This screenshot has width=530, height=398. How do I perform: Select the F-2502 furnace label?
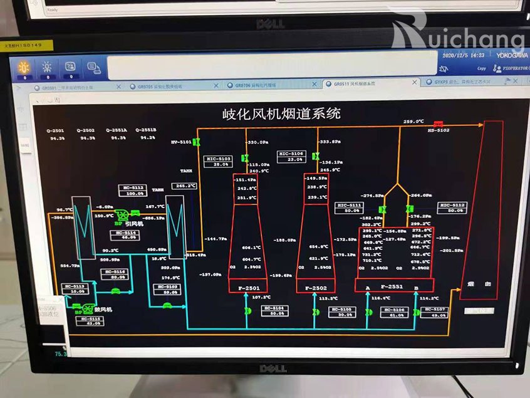point(317,288)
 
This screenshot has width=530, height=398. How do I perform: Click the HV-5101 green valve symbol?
point(197,142)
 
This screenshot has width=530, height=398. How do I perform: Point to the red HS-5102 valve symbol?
point(438,123)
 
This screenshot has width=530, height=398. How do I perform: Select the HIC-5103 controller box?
point(219,162)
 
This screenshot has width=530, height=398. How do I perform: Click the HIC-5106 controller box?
point(291,157)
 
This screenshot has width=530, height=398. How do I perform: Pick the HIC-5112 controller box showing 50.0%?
point(452,207)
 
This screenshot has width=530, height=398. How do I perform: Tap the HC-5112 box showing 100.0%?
point(133,190)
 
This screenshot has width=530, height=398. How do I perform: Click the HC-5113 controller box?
point(75,288)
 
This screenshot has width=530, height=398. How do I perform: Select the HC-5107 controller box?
point(435,312)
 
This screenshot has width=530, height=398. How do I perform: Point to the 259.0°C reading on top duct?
point(413,122)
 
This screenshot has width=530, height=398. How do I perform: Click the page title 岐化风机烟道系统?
point(281,113)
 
